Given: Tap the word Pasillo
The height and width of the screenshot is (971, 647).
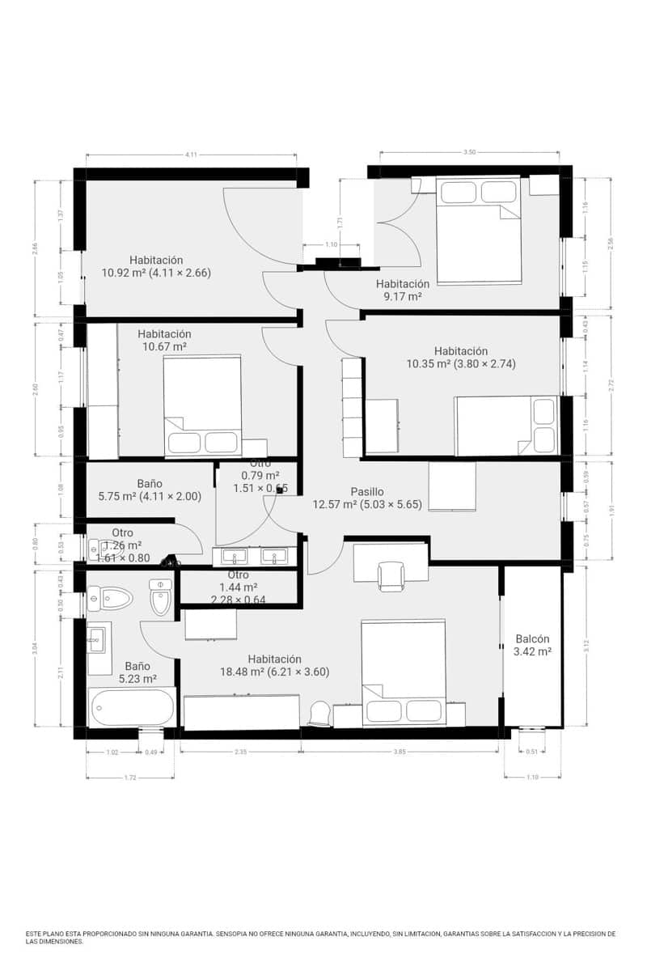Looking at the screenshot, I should [x=367, y=491].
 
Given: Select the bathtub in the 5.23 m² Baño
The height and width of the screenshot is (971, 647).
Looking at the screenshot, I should [x=131, y=707].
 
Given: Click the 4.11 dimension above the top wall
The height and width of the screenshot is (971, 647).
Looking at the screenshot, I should [x=191, y=154].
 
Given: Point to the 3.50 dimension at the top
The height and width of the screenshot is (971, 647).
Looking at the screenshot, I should [x=469, y=151].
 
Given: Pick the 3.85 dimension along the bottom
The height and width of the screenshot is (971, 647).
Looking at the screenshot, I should [x=400, y=752].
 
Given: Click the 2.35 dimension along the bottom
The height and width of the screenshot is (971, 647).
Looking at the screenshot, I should [x=240, y=752].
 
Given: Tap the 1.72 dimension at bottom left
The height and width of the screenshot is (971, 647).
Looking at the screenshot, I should [x=129, y=778].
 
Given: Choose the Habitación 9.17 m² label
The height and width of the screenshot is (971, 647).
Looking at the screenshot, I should [x=402, y=290].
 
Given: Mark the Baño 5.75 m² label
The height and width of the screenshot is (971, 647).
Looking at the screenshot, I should [x=150, y=490].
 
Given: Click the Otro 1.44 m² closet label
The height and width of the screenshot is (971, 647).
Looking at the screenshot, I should [x=239, y=587].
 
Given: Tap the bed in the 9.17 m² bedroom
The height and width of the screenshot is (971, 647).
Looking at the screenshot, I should [x=477, y=231].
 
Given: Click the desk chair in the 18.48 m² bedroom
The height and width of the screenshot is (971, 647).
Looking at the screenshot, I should [x=391, y=576].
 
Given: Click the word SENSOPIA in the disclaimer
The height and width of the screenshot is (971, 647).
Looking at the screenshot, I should [x=238, y=934].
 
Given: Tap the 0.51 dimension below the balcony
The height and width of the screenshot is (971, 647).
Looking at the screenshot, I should [x=531, y=752].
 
